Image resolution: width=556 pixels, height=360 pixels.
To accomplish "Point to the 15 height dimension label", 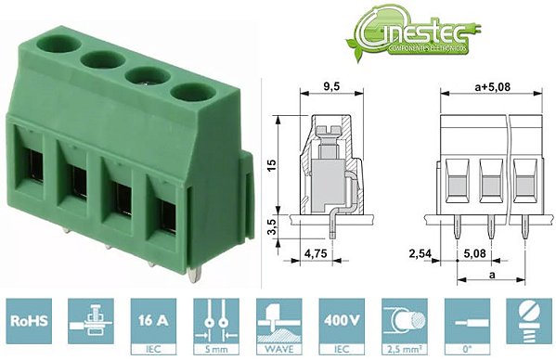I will pos(270,164).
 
